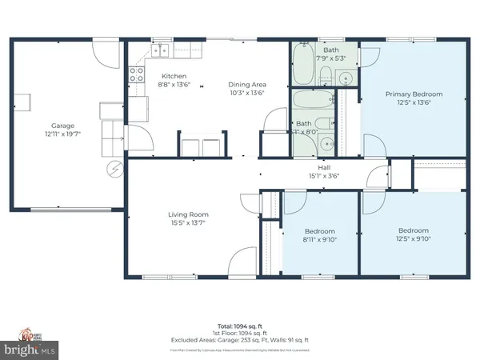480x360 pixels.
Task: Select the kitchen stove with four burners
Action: click(137, 75)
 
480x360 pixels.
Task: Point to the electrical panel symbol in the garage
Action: click(114, 169)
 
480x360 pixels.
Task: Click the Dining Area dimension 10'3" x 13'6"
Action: click(247, 93)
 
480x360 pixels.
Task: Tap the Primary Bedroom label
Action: click(414, 94)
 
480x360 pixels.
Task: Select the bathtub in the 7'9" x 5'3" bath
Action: click(305, 64)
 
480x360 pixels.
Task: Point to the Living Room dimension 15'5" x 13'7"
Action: click(188, 223)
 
